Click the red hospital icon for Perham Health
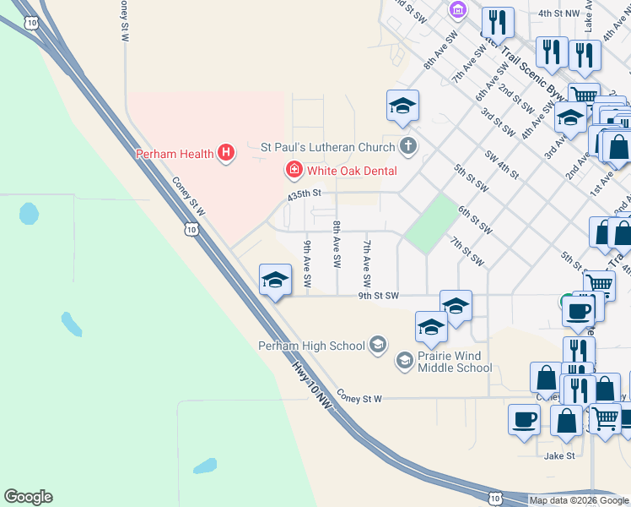tap(226, 153)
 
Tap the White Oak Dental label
tap(351, 171)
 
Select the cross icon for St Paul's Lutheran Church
tap(408, 146)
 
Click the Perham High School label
tap(311, 345)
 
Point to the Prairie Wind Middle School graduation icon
tap(405, 361)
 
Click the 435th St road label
tap(305, 194)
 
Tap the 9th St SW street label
tap(378, 296)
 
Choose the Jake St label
tap(559, 455)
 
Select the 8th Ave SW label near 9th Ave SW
tap(337, 244)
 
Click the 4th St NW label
tap(558, 14)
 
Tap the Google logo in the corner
tap(28, 497)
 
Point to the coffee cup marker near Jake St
tap(524, 419)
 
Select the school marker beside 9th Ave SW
tap(275, 280)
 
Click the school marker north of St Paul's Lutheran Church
tap(403, 106)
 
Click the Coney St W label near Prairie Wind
tap(359, 397)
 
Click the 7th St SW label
tap(466, 251)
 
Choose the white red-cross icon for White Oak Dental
tap(294, 171)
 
